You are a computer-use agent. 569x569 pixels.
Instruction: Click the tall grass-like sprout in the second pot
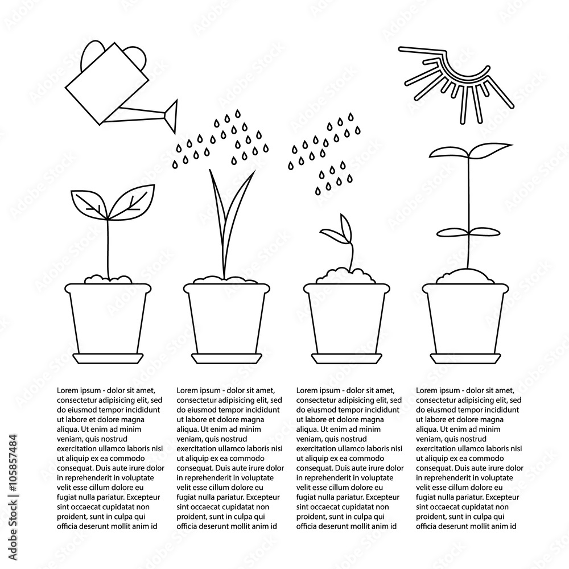coord(226,216)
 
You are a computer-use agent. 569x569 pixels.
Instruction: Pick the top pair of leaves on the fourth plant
coord(463,152)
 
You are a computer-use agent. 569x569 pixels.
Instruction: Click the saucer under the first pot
coord(108,358)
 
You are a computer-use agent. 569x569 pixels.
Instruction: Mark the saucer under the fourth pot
coord(464,358)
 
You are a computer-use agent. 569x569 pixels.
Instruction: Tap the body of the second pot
coord(226,319)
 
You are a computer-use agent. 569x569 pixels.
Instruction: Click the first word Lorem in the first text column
coord(68,391)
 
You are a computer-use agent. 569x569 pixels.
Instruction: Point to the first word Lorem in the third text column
coord(308,391)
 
